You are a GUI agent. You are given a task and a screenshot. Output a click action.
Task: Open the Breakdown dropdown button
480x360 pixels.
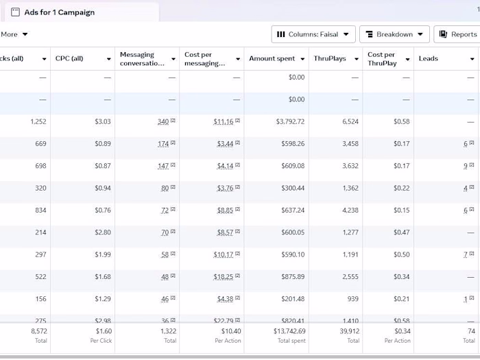[x=394, y=34]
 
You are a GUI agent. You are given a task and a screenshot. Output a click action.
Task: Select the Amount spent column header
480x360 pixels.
[x=272, y=59]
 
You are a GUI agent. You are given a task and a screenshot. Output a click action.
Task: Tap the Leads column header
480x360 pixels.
[x=429, y=59]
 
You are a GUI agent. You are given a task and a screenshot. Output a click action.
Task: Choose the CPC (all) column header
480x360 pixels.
[x=69, y=59]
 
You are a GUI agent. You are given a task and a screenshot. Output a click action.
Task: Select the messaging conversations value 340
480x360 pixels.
[x=163, y=122]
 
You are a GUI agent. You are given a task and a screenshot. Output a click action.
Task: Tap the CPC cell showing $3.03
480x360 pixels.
[x=103, y=122]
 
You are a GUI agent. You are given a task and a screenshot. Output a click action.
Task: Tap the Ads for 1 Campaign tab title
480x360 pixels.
[x=60, y=12]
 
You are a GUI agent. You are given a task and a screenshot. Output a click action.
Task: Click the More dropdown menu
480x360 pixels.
[x=14, y=34]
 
